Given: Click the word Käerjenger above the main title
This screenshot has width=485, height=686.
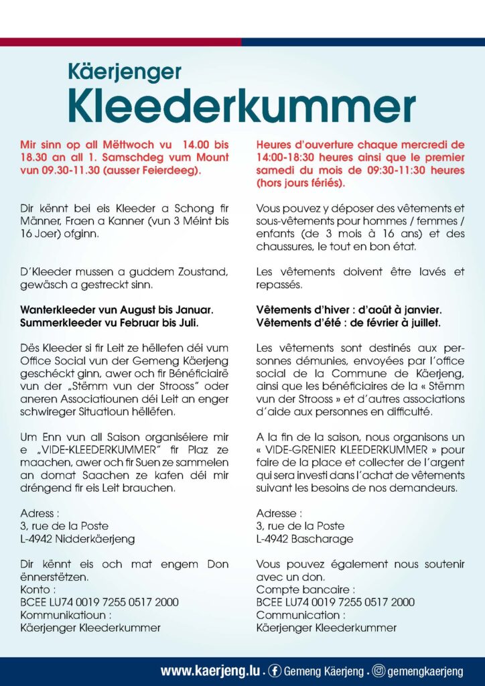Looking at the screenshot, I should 124,71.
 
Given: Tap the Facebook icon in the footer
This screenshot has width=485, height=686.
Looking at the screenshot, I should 275,671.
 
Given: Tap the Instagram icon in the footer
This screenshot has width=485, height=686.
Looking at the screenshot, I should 378,671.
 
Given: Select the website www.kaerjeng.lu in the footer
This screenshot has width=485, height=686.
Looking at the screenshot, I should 211,671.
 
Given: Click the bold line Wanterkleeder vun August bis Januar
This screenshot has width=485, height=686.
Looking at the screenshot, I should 117,310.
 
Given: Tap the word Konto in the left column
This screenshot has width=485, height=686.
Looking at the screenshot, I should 36,590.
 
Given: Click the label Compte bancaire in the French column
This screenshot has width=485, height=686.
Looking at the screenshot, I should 298,590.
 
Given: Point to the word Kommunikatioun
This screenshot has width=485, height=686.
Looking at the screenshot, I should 63,615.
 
